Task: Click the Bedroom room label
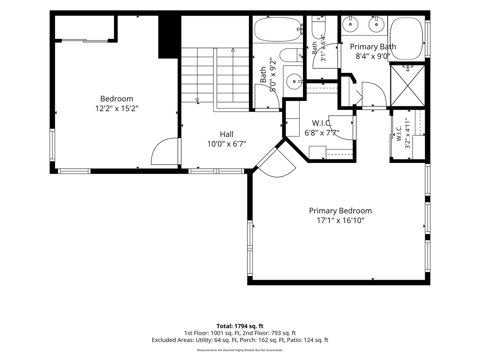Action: [x=117, y=99]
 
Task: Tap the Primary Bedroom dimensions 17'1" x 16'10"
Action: [x=340, y=220]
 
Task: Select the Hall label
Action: [x=227, y=134]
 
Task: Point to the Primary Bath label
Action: [x=373, y=47]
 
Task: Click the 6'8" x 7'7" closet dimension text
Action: [x=322, y=132]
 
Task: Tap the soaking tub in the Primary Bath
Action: [x=406, y=39]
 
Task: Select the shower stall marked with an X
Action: [x=407, y=86]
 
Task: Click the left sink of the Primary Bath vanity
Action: [x=350, y=24]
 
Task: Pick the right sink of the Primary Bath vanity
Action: [x=376, y=24]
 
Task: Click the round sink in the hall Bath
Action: [x=294, y=82]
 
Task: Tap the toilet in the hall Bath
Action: [x=291, y=55]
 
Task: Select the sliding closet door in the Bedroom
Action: [x=85, y=40]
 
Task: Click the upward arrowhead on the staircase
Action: [x=233, y=50]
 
